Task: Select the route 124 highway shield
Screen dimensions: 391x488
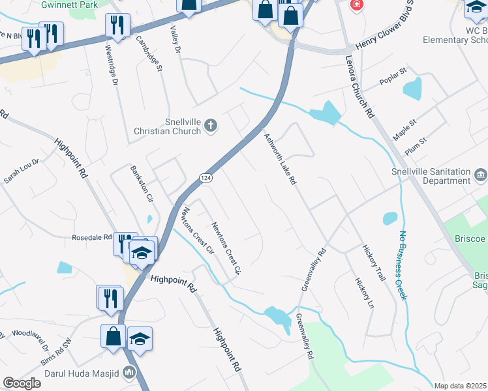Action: pyautogui.click(x=205, y=178)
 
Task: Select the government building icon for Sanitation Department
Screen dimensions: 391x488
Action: pyautogui.click(x=480, y=175)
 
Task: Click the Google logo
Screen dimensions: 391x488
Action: pyautogui.click(x=22, y=383)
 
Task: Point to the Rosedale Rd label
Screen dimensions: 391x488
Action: pyautogui.click(x=92, y=238)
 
